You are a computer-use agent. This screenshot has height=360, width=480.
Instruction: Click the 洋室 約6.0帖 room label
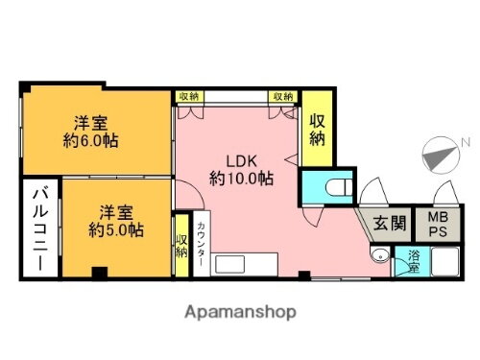92,131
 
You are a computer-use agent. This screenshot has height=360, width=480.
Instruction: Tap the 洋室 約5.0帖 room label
116,222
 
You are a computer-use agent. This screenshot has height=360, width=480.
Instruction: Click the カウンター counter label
201,245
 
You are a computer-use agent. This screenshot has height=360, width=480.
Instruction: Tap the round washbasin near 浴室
380,256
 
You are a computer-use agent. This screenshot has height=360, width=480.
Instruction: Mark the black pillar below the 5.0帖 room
96,272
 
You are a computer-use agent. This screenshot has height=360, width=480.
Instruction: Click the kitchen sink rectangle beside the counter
244,264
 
